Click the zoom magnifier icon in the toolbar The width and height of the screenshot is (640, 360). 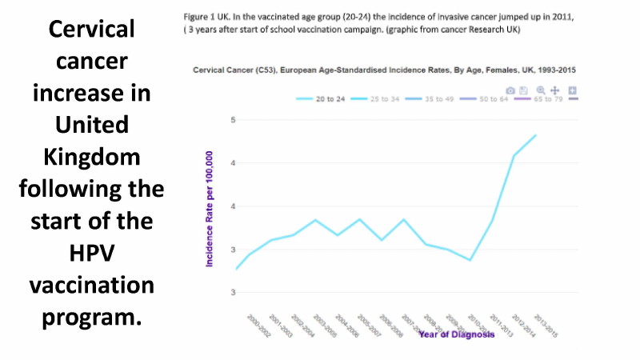click(541, 91)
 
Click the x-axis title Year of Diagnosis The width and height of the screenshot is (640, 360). click(458, 334)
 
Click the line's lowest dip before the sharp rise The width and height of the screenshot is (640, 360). click(470, 260)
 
